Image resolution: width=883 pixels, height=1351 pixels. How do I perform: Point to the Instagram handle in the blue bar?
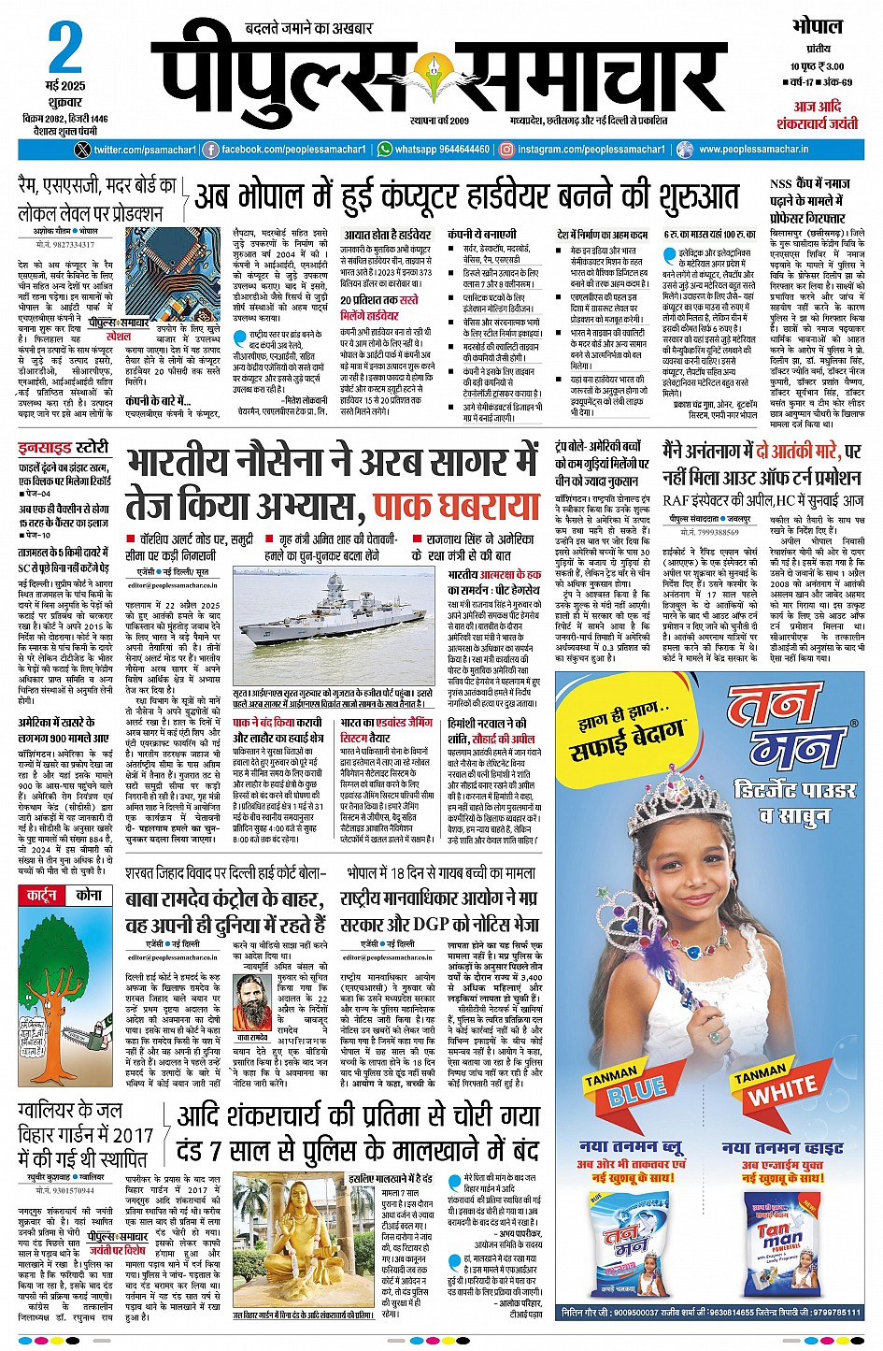click(x=585, y=150)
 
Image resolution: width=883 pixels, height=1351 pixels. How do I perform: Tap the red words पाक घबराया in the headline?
click(x=456, y=506)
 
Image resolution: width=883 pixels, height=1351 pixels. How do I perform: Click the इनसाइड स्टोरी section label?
click(x=64, y=448)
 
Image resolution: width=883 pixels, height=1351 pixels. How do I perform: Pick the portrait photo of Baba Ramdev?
click(x=253, y=1001)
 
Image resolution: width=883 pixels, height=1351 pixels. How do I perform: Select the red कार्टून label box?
click(x=42, y=895)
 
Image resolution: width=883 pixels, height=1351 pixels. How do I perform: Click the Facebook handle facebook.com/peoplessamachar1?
click(x=285, y=150)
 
